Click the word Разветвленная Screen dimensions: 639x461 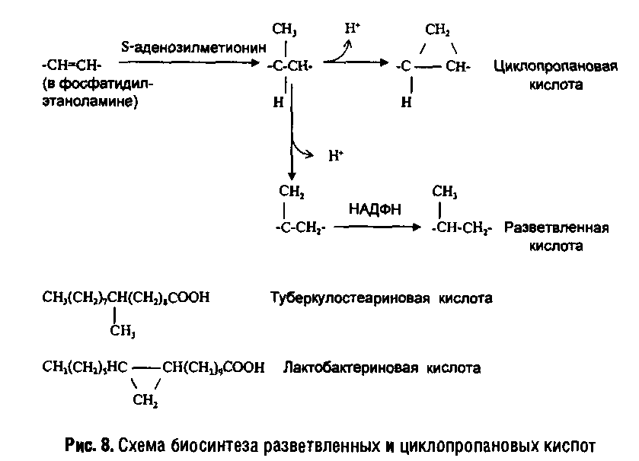[x=556, y=227]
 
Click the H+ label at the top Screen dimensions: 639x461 [x=352, y=29]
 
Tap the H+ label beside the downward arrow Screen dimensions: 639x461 [x=336, y=156]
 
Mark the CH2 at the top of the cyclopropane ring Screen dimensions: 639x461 [x=437, y=30]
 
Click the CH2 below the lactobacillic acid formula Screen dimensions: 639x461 [x=145, y=401]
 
